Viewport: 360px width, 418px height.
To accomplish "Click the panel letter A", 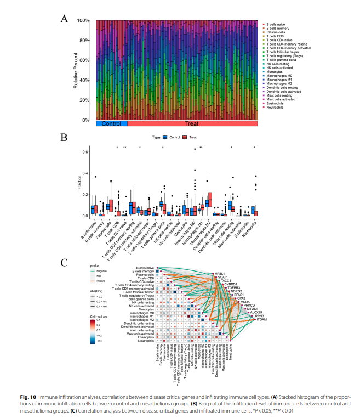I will point(64,19).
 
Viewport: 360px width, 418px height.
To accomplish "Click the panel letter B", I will point(64,137).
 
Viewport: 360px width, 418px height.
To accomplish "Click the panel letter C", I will point(64,262).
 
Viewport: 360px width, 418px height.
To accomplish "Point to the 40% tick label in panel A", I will point(84,81).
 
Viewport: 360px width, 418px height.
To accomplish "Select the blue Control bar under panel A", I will point(111,124).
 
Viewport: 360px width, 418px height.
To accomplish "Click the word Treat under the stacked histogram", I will point(192,124).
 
